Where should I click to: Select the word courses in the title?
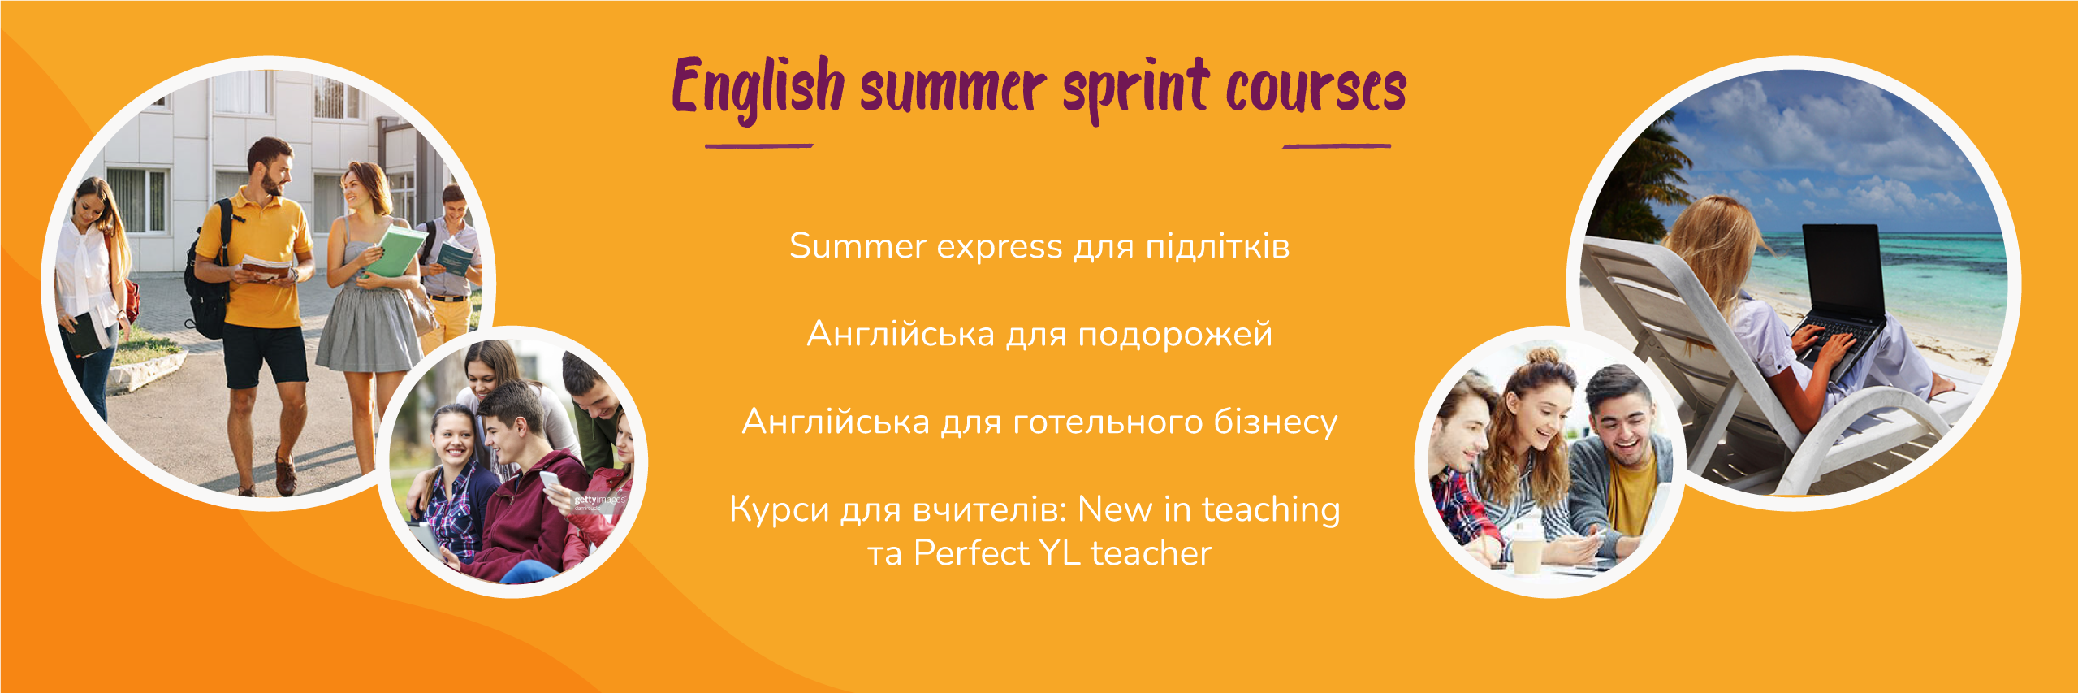[1316, 89]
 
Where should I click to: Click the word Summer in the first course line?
[858, 246]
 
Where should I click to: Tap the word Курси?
[779, 510]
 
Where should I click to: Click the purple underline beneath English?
[758, 146]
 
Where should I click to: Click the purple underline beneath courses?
[1337, 146]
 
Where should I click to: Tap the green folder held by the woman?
[394, 251]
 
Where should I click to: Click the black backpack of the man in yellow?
[208, 276]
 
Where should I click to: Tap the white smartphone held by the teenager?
[551, 484]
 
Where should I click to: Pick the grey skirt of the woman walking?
[370, 328]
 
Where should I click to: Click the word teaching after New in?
[1271, 510]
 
